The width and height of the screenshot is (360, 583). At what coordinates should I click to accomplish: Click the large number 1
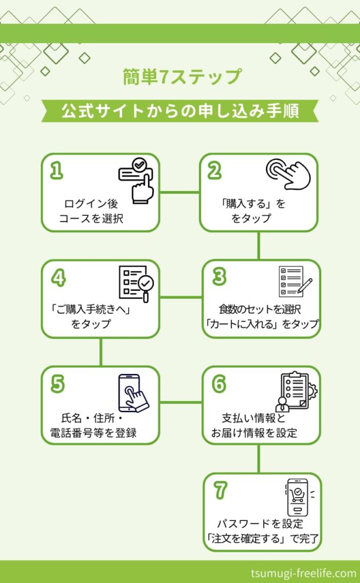[x=56, y=171]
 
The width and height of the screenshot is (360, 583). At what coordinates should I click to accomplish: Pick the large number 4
[x=59, y=277]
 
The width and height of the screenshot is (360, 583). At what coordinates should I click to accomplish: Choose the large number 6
[x=219, y=384]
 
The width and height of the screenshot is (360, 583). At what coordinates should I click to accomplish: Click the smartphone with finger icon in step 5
[x=132, y=392]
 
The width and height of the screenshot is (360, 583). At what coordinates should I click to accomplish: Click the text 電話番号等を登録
[x=93, y=432]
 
